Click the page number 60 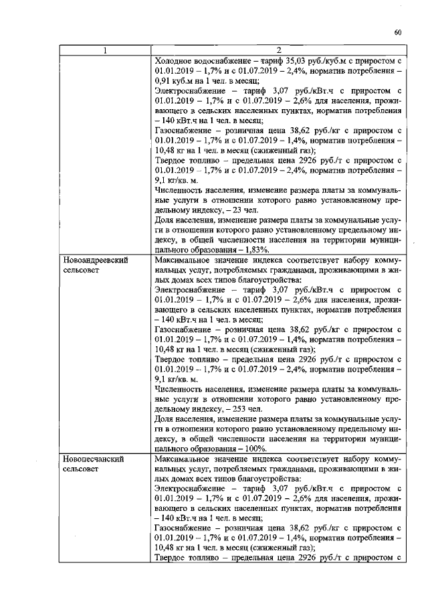point(397,31)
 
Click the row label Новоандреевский point(95,259)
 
